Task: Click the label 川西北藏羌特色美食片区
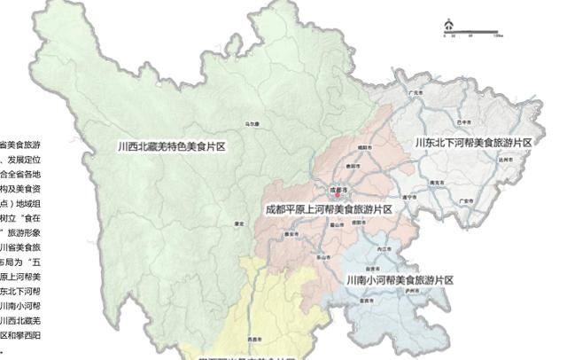tap(173, 146)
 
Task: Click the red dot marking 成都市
tap(335, 194)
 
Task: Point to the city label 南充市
tap(435, 181)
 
